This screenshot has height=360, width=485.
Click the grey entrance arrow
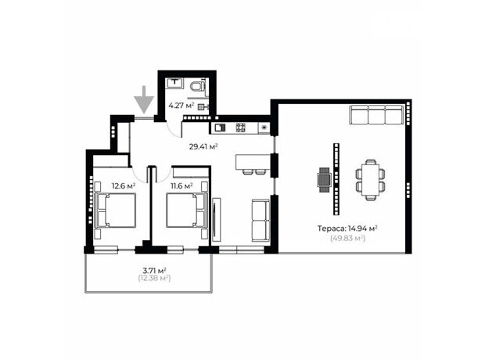click(x=144, y=99)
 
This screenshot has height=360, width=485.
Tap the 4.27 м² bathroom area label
click(x=181, y=106)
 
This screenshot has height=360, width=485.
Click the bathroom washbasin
click(x=175, y=83)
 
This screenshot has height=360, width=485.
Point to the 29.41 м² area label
click(x=203, y=146)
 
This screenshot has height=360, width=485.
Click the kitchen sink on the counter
click(x=221, y=128)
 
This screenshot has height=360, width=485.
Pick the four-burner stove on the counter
click(x=241, y=128)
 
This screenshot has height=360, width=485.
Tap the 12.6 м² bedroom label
click(x=124, y=186)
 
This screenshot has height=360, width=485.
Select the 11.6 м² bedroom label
click(x=181, y=186)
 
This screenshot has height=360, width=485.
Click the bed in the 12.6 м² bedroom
click(x=115, y=211)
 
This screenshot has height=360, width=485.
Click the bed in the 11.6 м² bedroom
click(x=187, y=211)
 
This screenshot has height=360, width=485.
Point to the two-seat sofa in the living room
click(x=260, y=221)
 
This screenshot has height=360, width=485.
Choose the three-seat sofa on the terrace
click(x=377, y=114)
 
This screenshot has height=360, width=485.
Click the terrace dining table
click(x=370, y=180)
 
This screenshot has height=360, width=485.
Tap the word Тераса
click(x=331, y=229)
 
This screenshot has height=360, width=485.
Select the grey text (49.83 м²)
click(x=347, y=239)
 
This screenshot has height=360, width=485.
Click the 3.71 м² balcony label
click(x=154, y=270)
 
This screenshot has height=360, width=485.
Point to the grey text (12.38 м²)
click(x=154, y=279)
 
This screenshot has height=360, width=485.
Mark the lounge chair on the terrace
click(x=324, y=180)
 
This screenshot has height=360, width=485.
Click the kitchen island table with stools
click(x=253, y=164)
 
